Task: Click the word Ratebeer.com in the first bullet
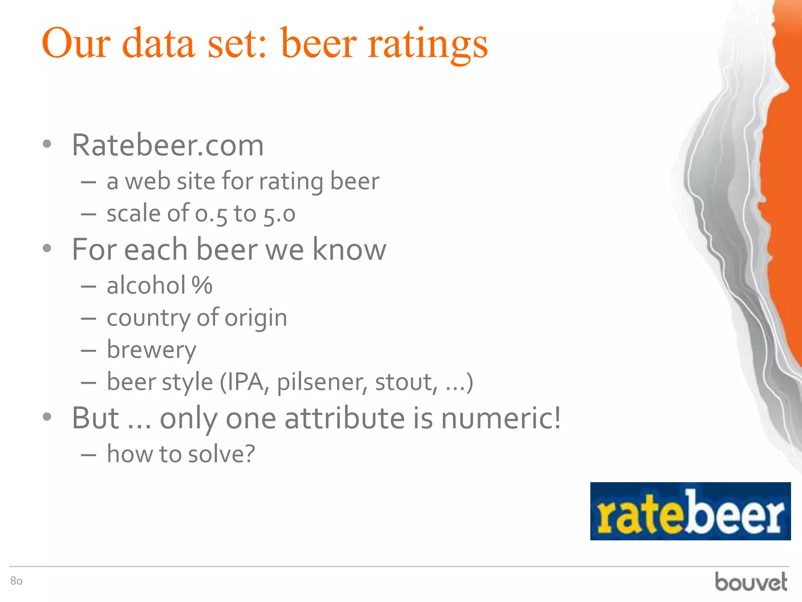(x=168, y=145)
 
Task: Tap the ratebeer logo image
(x=690, y=511)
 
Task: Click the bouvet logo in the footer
(x=751, y=582)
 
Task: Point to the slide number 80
(x=16, y=581)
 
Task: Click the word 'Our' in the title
(x=76, y=43)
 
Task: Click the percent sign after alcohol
(x=202, y=285)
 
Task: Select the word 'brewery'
(x=152, y=350)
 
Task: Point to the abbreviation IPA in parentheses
(x=246, y=382)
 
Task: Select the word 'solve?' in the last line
(x=222, y=454)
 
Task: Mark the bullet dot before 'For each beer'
(x=47, y=248)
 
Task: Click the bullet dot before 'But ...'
(x=47, y=417)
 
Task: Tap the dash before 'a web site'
(x=89, y=182)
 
